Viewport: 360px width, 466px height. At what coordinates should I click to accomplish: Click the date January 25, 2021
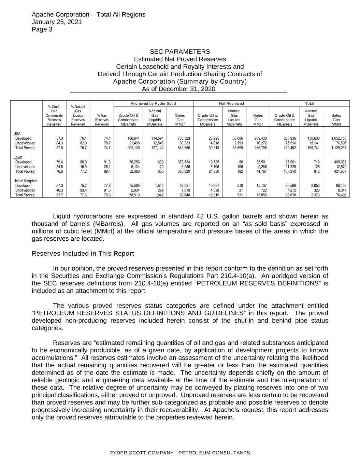(57, 22)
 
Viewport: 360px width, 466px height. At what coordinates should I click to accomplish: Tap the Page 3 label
(42, 29)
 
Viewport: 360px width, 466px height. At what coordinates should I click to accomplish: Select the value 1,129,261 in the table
(339, 148)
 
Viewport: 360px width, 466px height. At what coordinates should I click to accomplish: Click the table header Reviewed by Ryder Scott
(153, 103)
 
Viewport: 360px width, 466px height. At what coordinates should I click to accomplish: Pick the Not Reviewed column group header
(231, 103)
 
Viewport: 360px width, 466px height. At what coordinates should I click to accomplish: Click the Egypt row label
(18, 157)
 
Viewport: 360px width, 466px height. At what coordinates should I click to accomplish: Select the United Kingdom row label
(26, 181)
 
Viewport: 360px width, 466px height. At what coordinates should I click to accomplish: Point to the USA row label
(17, 133)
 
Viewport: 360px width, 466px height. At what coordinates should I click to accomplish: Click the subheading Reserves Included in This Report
(83, 254)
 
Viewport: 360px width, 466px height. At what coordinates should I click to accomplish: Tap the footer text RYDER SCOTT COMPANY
(141, 453)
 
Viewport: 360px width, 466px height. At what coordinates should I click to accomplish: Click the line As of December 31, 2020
(178, 89)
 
